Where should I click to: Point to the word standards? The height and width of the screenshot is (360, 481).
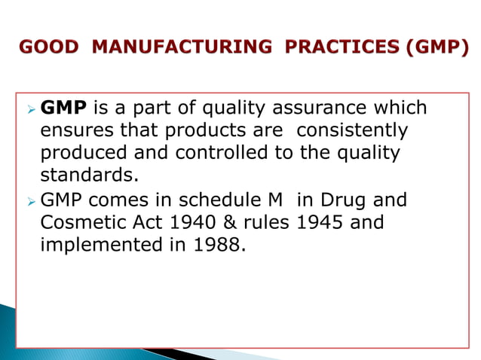point(89,177)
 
